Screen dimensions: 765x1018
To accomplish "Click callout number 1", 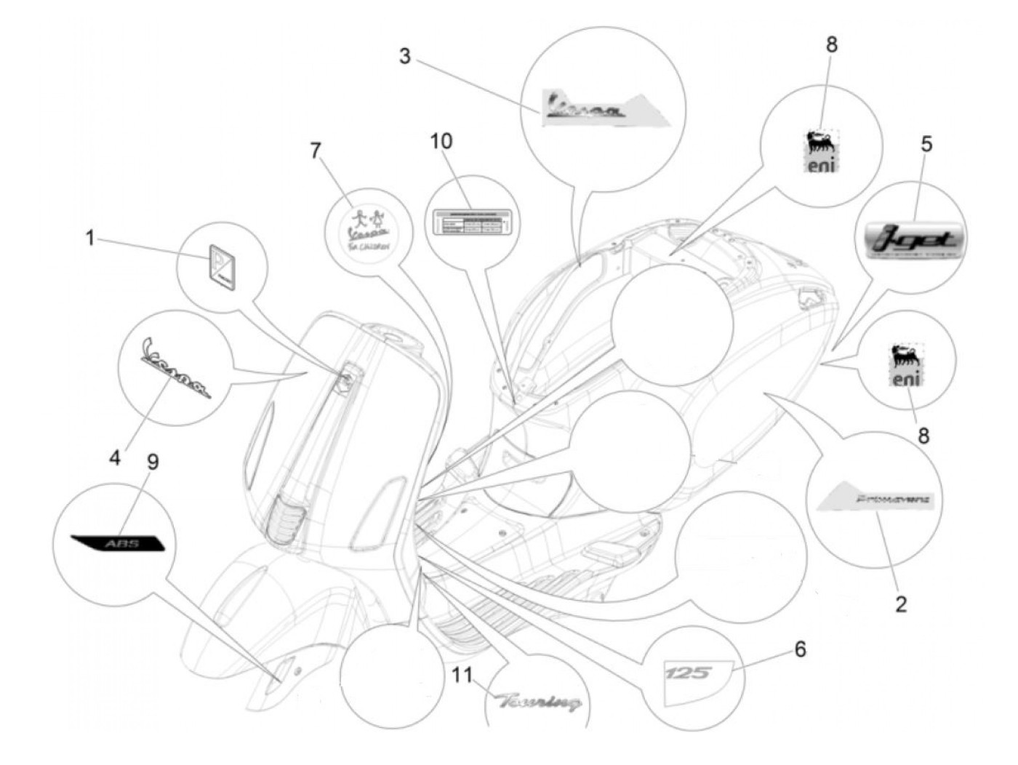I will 90,238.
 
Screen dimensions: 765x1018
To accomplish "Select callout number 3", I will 405,56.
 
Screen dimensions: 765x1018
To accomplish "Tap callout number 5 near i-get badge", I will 926,144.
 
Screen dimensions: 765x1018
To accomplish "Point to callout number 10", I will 441,140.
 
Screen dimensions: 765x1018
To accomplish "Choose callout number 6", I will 800,649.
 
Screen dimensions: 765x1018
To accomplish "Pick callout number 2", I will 901,604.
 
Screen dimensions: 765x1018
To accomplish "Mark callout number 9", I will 153,462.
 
